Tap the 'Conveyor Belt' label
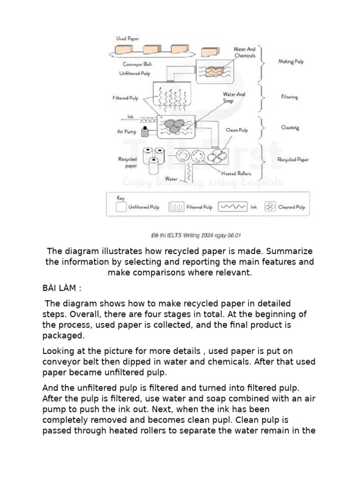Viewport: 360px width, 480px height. point(137,64)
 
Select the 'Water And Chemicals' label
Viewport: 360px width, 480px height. point(244,52)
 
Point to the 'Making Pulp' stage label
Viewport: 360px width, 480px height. point(291,61)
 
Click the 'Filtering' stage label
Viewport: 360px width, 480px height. point(289,97)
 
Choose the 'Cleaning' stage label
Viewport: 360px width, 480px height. point(290,127)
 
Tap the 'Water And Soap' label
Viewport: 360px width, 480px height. point(234,97)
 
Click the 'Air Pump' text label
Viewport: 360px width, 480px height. point(126,132)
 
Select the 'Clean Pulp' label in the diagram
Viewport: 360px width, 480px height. point(237,130)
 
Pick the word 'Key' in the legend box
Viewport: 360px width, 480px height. point(120,198)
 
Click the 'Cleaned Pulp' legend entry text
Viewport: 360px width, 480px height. point(291,207)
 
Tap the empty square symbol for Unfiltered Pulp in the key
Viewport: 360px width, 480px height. point(121,207)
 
